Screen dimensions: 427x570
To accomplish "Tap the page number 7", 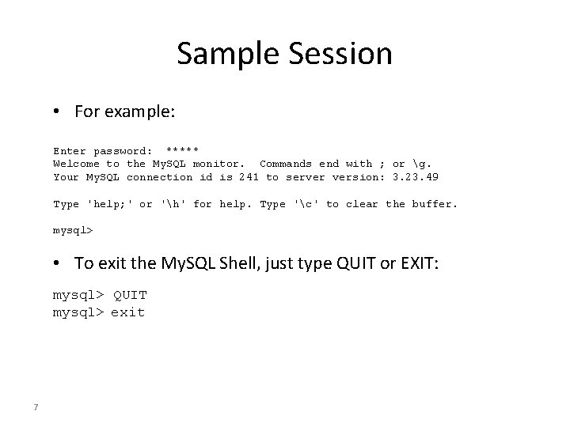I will point(36,407).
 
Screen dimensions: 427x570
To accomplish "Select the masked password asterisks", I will point(182,150).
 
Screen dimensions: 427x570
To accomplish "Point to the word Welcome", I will point(76,164).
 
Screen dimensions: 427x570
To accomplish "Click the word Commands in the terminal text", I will point(286,164).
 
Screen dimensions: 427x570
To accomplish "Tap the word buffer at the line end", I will point(433,204).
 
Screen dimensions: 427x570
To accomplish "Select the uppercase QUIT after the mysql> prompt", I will point(130,295).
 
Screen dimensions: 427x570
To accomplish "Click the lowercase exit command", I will point(127,312).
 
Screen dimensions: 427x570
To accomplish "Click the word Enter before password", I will point(70,150).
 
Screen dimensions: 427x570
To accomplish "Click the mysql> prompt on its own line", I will point(73,232).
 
